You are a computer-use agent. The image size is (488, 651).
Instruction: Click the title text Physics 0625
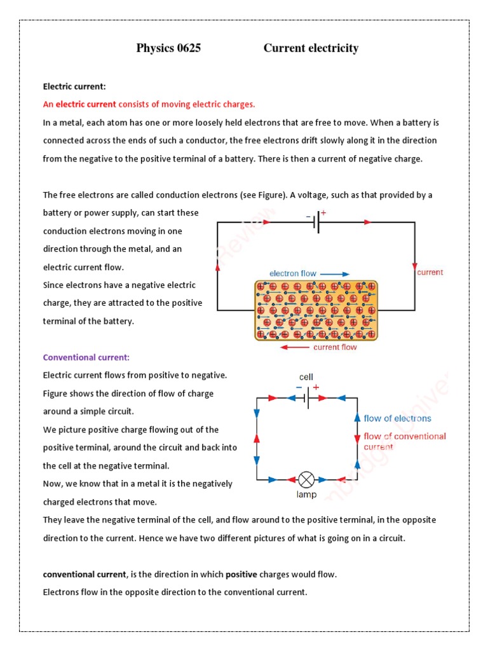tap(168, 48)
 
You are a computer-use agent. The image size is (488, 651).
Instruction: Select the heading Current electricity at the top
tap(311, 48)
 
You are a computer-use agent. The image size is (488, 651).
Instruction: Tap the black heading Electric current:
tap(74, 86)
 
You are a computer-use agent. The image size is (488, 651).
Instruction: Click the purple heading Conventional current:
tap(86, 357)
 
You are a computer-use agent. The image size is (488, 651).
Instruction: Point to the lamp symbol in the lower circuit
tap(306, 479)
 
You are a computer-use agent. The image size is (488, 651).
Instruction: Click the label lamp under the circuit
tap(306, 494)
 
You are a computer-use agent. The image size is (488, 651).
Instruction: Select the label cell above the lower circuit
tap(306, 377)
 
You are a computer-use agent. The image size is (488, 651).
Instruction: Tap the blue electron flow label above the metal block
tap(292, 273)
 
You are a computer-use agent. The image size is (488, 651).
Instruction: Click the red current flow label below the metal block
tap(335, 347)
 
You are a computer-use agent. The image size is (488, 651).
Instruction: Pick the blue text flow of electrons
tap(397, 418)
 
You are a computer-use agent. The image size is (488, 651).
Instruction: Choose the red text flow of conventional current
tap(404, 441)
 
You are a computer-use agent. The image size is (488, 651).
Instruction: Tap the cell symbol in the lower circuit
tap(306, 398)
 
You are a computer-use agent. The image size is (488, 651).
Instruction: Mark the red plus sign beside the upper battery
tap(323, 214)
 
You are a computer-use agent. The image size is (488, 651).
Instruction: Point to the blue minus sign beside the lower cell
tap(299, 387)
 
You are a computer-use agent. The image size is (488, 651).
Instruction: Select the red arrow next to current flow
tap(294, 347)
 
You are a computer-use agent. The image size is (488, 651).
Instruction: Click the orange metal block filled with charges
tap(316, 310)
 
